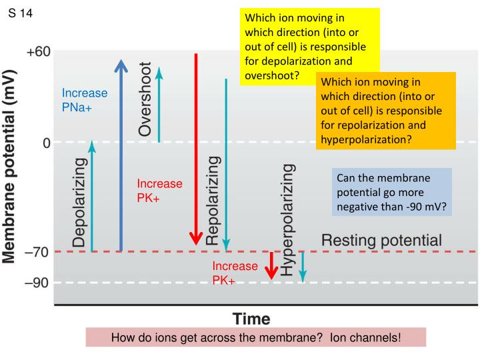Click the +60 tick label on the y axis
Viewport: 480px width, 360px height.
(38, 52)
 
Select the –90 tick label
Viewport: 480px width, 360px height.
(38, 283)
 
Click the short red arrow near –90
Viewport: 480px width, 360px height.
(271, 266)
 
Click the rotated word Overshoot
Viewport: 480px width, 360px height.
(145, 100)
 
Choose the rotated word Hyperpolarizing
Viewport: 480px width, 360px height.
(287, 219)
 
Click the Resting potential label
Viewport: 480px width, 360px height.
(381, 240)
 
